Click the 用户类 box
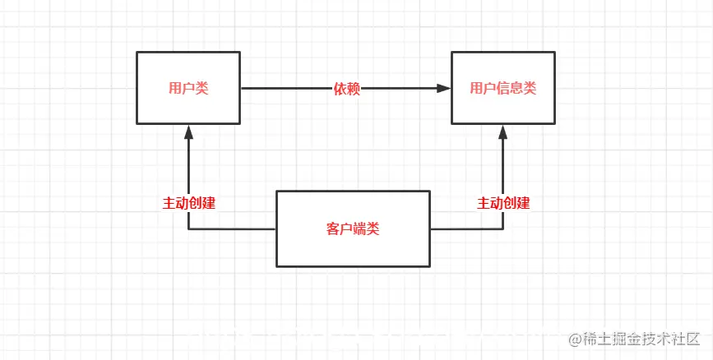[188, 88]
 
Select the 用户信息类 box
[502, 88]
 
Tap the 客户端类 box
[353, 228]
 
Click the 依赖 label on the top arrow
[346, 89]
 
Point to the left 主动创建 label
[188, 202]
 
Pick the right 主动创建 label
[503, 202]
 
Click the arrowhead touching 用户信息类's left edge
[444, 88]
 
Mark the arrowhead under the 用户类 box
[188, 132]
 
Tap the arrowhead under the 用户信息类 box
[502, 132]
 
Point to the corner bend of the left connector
[188, 229]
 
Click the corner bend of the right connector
[502, 229]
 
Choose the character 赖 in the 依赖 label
[354, 89]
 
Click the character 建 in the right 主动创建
[523, 202]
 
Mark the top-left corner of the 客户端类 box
[276, 192]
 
